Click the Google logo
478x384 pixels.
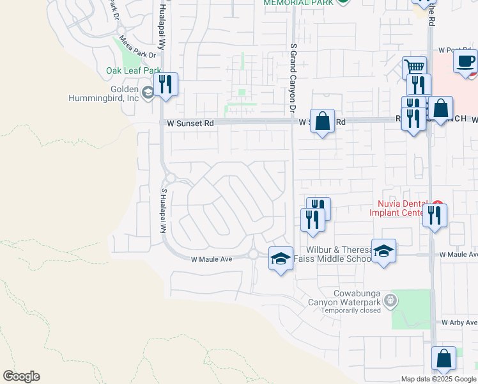(21, 376)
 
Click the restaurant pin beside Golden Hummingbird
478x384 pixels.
(166, 84)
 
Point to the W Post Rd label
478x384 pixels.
(454, 50)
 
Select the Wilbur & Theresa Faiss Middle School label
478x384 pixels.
(330, 254)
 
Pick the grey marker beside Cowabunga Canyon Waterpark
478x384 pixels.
(391, 300)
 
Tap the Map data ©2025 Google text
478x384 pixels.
(439, 379)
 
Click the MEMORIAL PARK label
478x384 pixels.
(298, 3)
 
